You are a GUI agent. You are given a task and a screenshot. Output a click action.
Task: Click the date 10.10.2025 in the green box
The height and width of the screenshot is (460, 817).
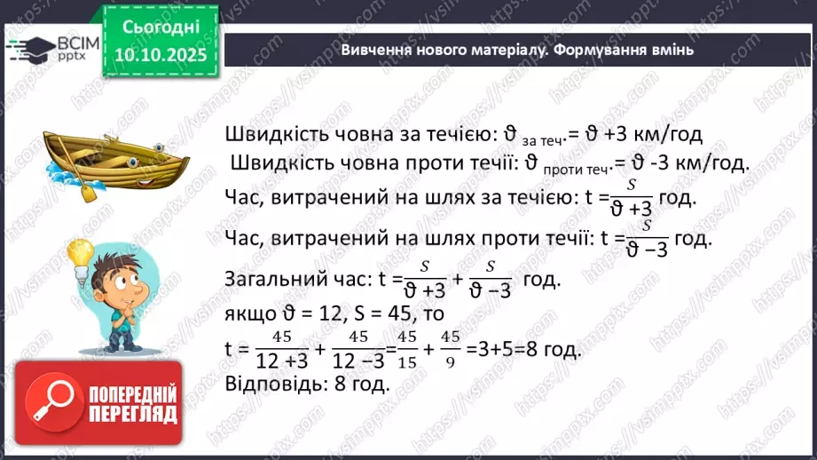[x=159, y=54]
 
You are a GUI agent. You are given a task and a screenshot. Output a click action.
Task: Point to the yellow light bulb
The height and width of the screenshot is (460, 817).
[x=81, y=253]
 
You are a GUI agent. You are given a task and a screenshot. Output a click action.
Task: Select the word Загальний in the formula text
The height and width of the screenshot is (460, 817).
[x=263, y=278]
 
